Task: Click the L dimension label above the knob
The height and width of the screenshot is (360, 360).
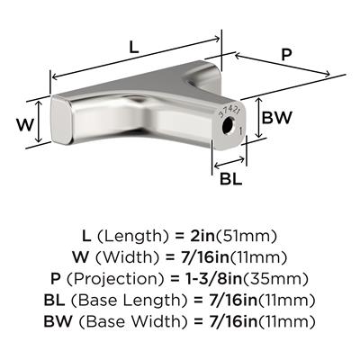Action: (134, 48)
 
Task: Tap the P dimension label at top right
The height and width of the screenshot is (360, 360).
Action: (286, 55)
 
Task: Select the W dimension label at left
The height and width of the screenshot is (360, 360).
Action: (24, 125)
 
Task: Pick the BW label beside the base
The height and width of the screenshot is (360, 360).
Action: (276, 117)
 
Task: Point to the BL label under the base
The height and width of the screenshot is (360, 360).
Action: (231, 179)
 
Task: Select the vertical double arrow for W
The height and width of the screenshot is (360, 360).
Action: (38, 121)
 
